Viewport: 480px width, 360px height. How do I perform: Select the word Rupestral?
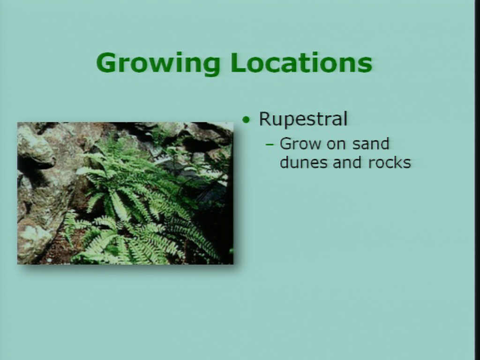pos(303,120)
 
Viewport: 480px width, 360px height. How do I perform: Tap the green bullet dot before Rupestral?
pos(246,120)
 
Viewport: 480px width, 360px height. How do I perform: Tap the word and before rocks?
pos(348,162)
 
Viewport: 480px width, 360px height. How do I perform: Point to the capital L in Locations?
pos(238,62)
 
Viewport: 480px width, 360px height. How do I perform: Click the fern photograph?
pos(125,193)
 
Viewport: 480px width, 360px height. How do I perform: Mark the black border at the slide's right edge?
pos(477,180)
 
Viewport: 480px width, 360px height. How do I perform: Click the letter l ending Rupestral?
pos(345,118)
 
